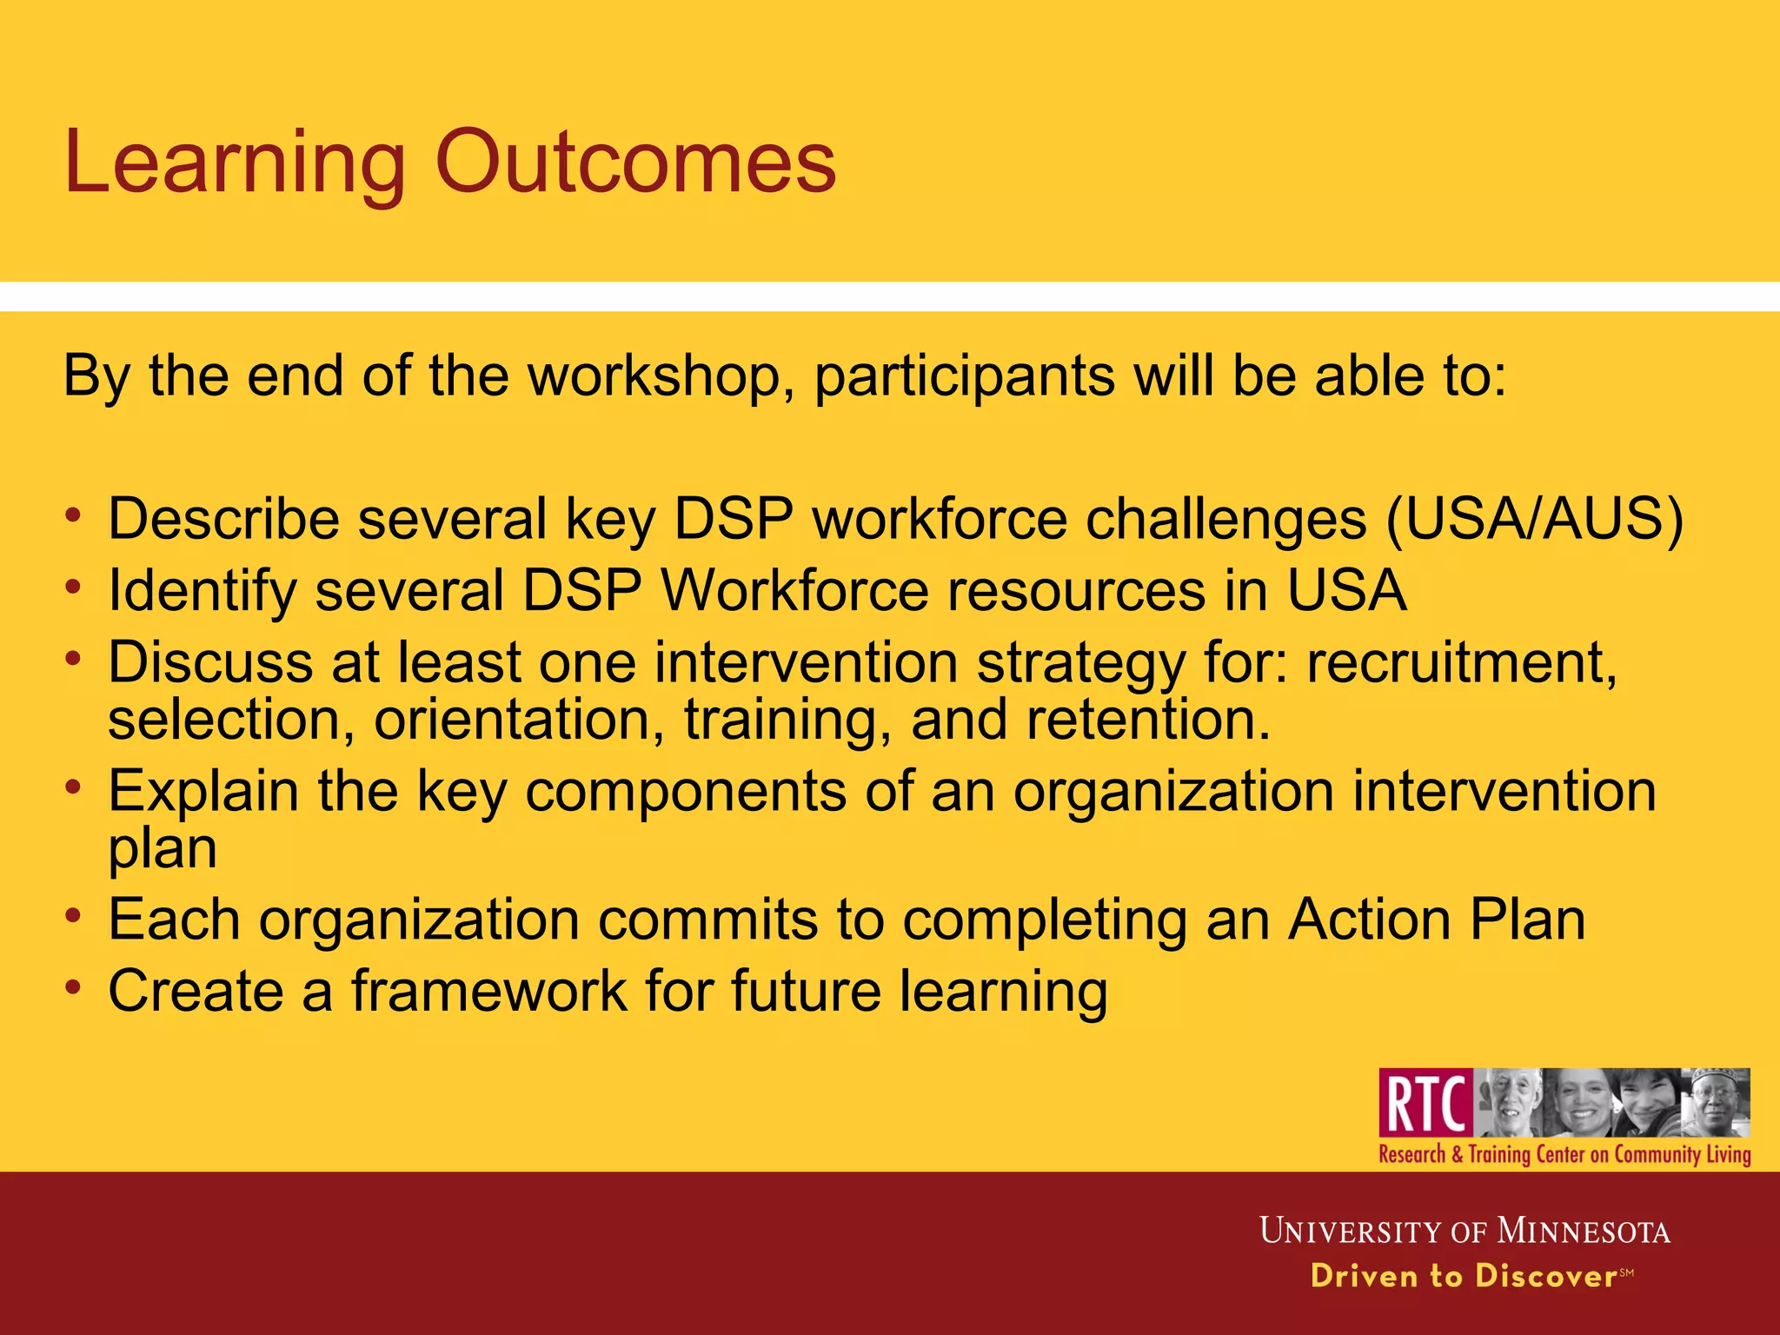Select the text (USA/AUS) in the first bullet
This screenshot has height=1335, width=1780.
pyautogui.click(x=1534, y=520)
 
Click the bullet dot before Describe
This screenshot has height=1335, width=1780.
pyautogui.click(x=74, y=515)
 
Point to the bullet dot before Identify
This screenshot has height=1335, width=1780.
pyautogui.click(x=74, y=587)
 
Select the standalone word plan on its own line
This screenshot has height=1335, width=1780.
pyautogui.click(x=163, y=849)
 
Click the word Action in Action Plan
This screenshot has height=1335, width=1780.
pyautogui.click(x=1368, y=920)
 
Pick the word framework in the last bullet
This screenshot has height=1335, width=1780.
pyautogui.click(x=488, y=991)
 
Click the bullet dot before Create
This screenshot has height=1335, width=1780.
pyautogui.click(x=74, y=987)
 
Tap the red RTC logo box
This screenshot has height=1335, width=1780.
pyautogui.click(x=1425, y=1102)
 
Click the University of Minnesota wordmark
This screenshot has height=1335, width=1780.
pyautogui.click(x=1465, y=1231)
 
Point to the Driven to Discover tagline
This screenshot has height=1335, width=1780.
pyautogui.click(x=1465, y=1276)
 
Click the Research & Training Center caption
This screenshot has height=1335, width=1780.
pyautogui.click(x=1564, y=1154)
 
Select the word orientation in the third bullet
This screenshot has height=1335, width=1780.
pyautogui.click(x=511, y=721)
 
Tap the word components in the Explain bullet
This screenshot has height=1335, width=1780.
pyautogui.click(x=685, y=792)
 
